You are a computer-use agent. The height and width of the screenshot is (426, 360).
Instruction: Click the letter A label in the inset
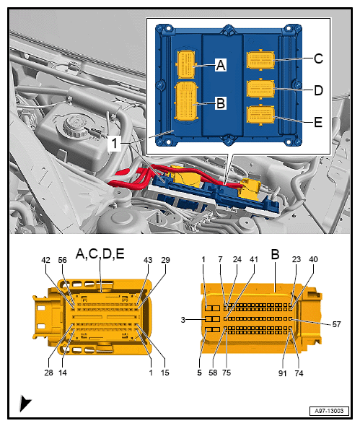(221, 65)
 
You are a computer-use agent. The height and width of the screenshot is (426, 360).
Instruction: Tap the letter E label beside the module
(318, 123)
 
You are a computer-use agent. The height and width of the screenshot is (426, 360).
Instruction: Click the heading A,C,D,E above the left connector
(100, 254)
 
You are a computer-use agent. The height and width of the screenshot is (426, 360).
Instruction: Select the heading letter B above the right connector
(274, 254)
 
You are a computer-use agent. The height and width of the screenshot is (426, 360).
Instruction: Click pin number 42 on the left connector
(45, 261)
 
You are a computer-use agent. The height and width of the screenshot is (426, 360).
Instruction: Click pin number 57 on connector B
(336, 324)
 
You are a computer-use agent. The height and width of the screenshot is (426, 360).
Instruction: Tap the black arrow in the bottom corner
(25, 404)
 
